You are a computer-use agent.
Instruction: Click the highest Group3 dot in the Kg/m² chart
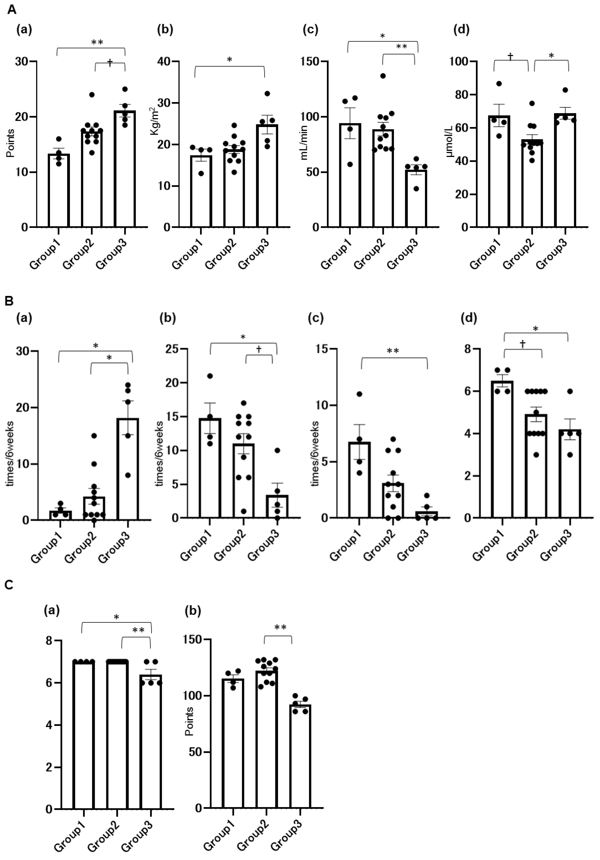[267, 93]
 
